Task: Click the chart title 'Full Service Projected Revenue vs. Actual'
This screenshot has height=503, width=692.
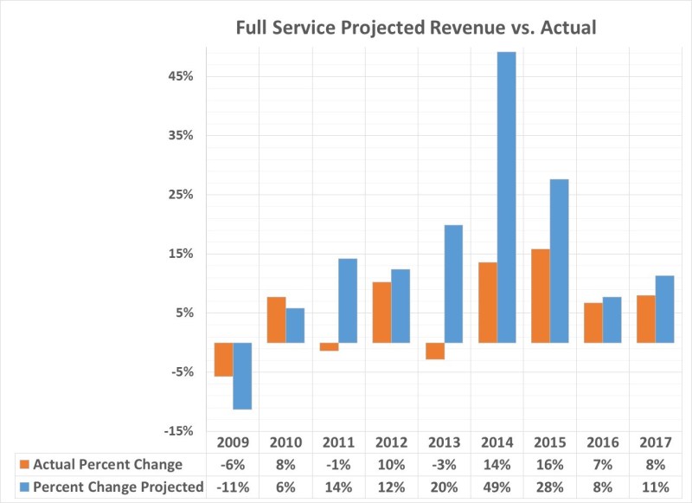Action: [416, 28]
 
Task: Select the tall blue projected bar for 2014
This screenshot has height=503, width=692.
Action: [507, 197]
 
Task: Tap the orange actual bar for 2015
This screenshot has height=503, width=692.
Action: [541, 296]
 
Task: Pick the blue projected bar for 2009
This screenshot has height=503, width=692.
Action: [242, 376]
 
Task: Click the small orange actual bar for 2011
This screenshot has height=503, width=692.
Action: [330, 346]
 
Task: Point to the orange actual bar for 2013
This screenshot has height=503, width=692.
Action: [435, 351]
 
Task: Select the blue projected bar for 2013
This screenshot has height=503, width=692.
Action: [453, 284]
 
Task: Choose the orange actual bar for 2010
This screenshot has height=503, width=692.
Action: [277, 319]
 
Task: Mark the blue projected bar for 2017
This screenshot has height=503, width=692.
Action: [664, 309]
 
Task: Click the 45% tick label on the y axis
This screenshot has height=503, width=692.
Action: [181, 76]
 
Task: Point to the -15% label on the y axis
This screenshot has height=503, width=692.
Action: [179, 431]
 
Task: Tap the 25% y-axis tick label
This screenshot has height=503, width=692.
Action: [181, 195]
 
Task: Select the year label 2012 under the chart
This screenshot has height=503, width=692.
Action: [392, 442]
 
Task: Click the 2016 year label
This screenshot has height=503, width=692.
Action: [603, 442]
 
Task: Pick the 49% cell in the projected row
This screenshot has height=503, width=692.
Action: [497, 487]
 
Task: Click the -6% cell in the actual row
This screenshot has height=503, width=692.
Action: [233, 465]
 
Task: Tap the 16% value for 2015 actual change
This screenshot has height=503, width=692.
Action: [550, 465]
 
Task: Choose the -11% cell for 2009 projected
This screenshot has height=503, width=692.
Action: [233, 487]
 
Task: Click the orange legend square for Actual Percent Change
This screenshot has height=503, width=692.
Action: [25, 465]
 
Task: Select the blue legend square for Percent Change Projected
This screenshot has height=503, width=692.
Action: [25, 487]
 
